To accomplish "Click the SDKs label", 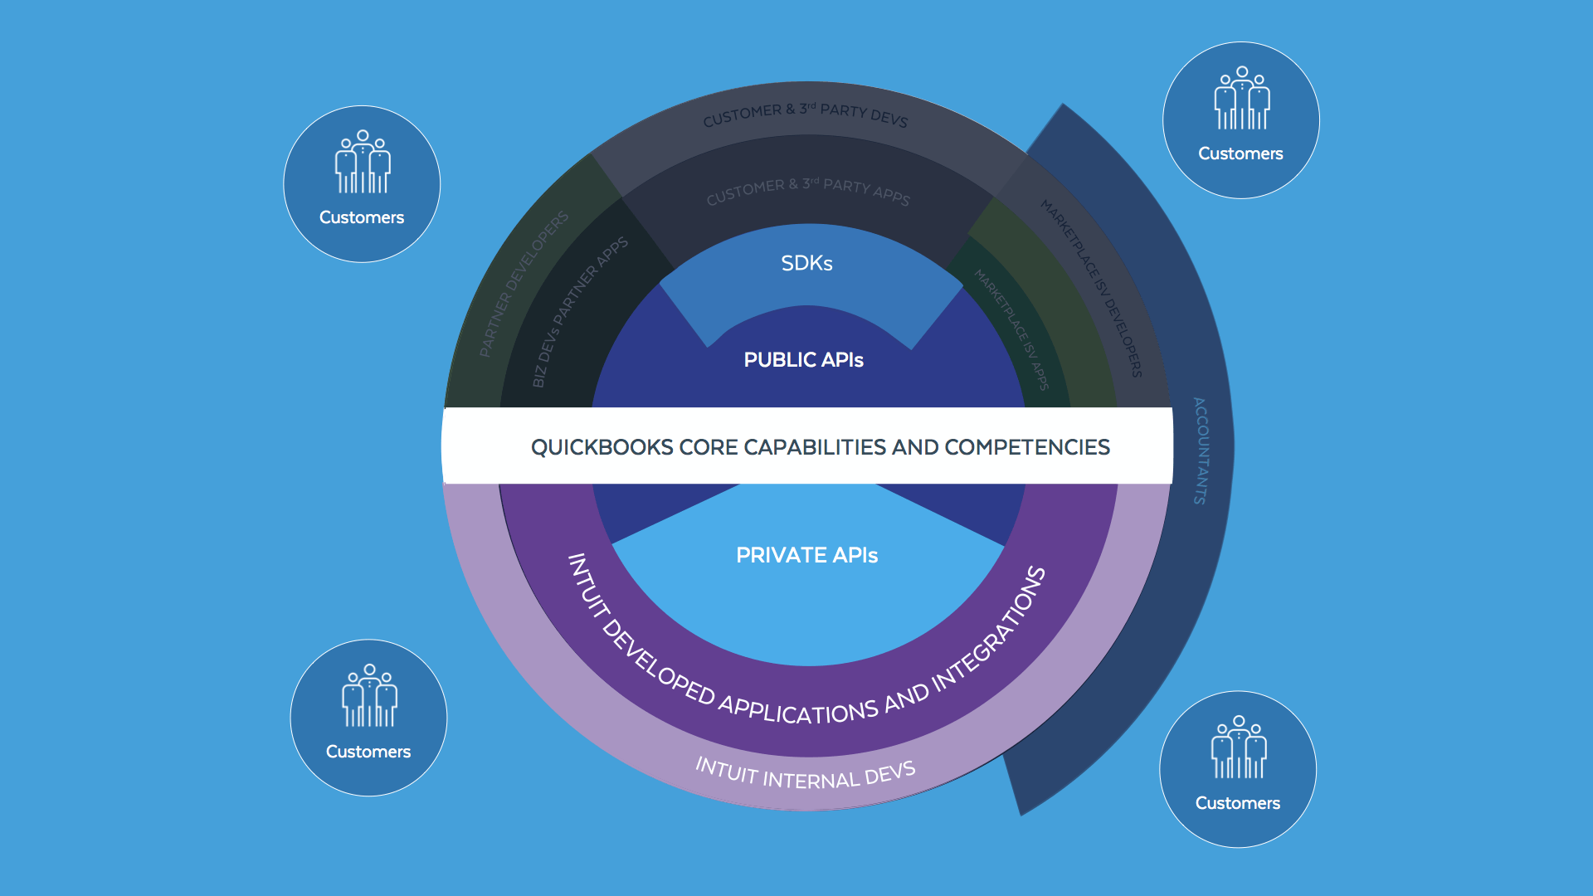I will (x=806, y=263).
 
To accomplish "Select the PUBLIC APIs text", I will (x=803, y=360).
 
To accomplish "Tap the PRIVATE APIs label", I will (x=806, y=555).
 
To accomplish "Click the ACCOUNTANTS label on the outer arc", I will (x=1201, y=450).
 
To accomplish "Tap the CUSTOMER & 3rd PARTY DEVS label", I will (x=805, y=114).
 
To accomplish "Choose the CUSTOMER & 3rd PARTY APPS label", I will (x=807, y=190).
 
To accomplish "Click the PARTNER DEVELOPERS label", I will (x=524, y=283).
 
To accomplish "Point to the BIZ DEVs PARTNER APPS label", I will (x=579, y=311).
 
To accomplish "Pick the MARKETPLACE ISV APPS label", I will (x=1012, y=329).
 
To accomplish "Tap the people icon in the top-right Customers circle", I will (x=1241, y=99).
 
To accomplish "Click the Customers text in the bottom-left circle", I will (x=368, y=752).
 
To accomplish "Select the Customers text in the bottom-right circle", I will (x=1237, y=803).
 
